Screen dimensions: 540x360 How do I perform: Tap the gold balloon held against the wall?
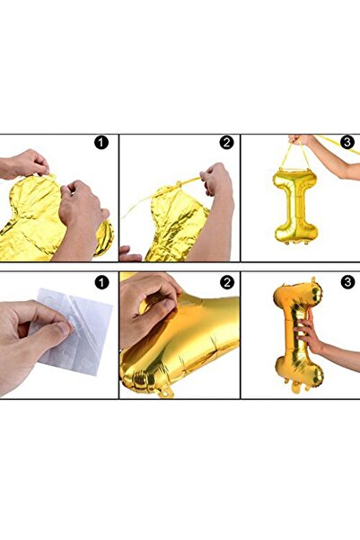(x=295, y=332)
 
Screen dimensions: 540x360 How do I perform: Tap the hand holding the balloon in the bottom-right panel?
(x=313, y=334)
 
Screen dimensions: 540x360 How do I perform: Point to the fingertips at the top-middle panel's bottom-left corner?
(x=128, y=254)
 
